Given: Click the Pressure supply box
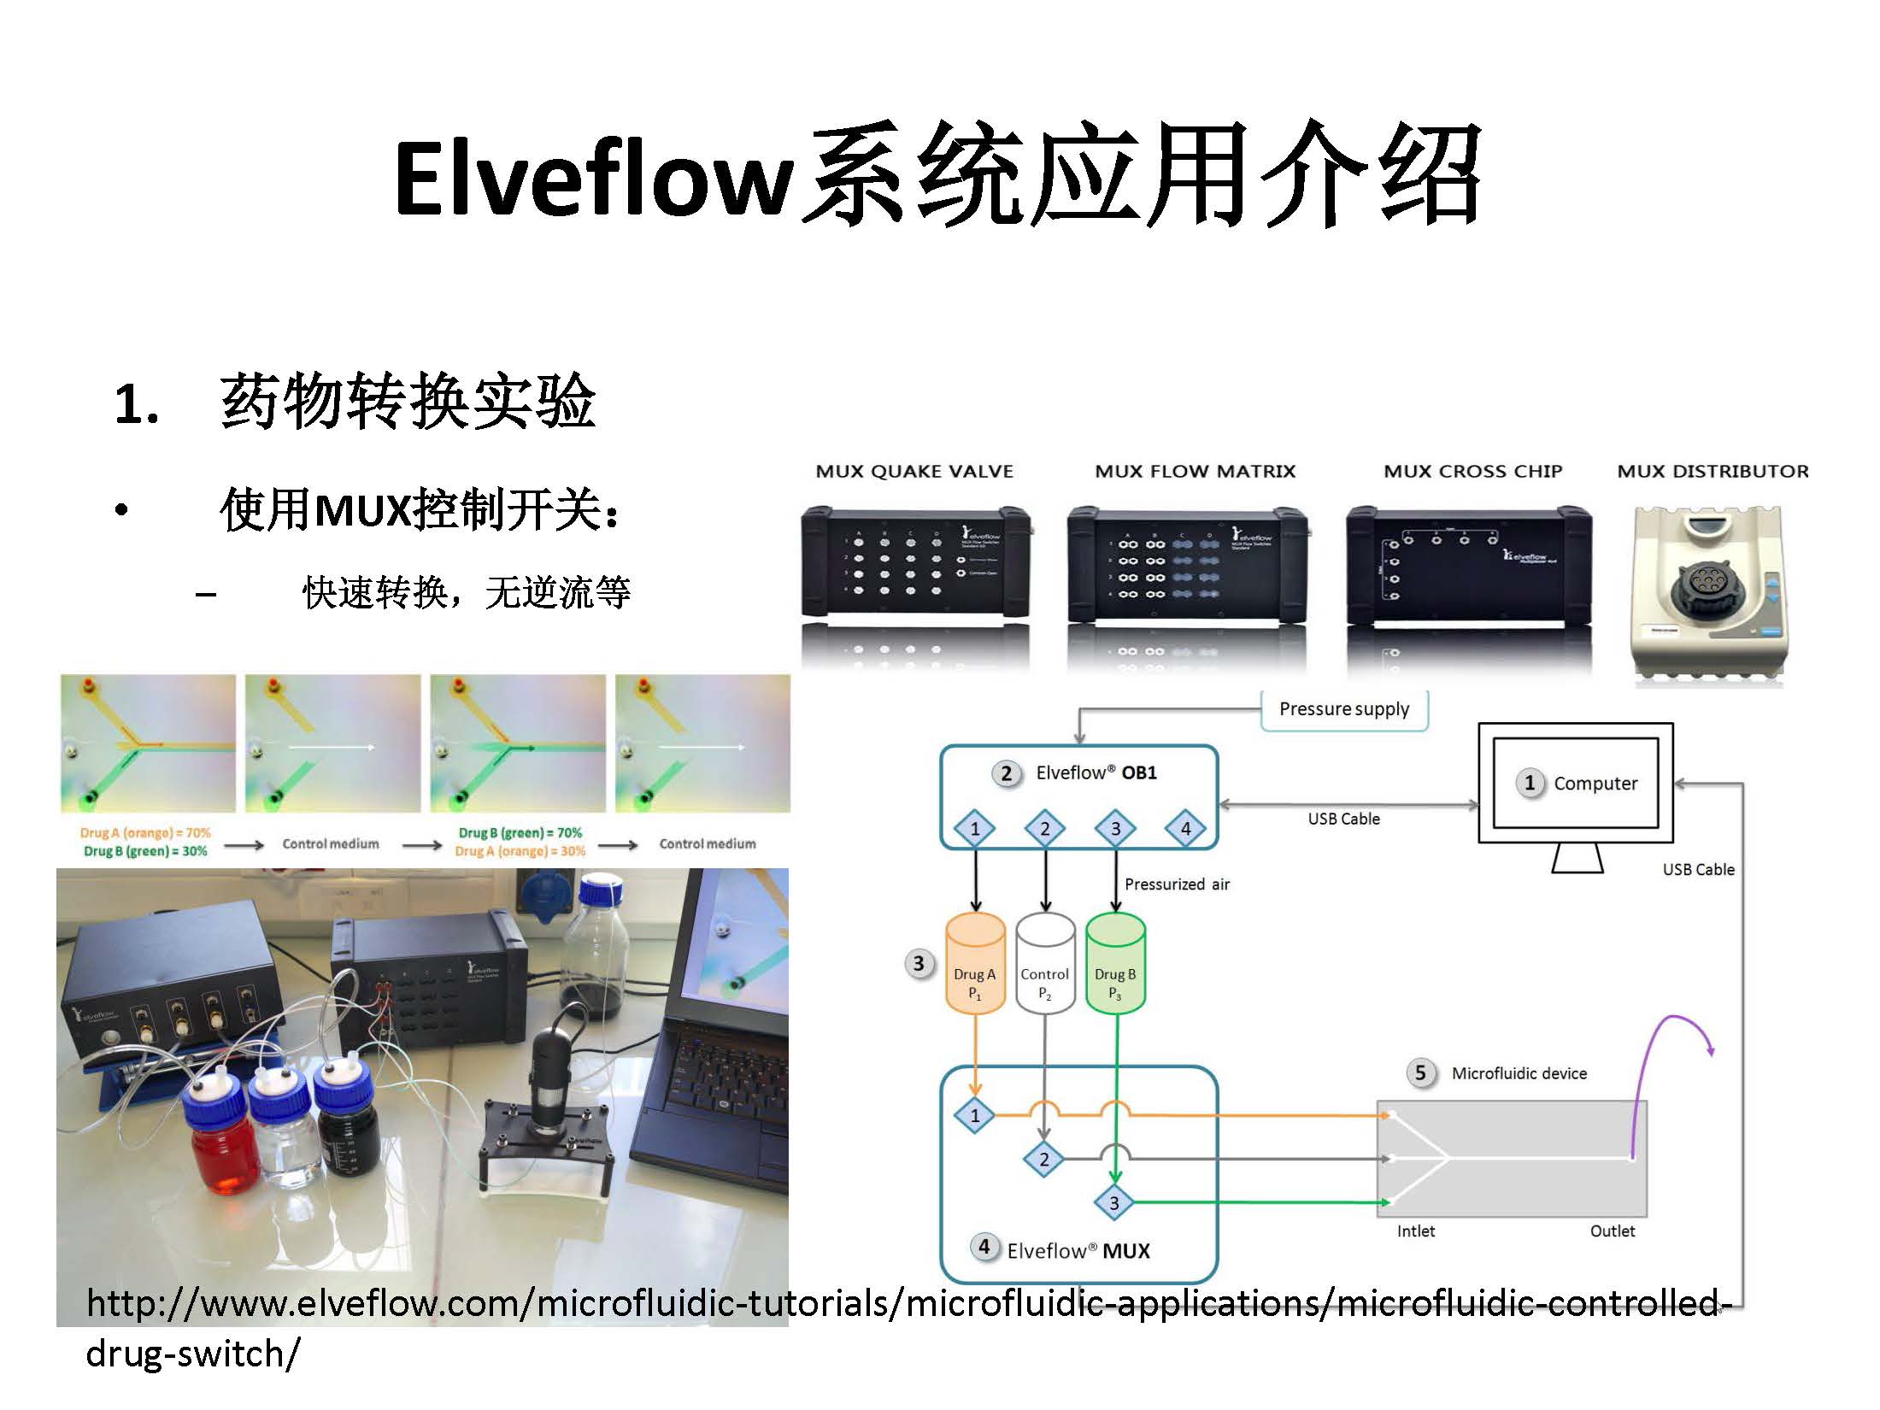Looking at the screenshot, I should (x=1343, y=709).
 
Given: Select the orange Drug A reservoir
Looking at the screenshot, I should (x=974, y=964).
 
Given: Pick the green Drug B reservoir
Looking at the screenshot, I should (x=1114, y=964).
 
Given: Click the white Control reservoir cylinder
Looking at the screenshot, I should (x=1044, y=964).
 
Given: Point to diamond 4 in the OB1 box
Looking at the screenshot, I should (x=1185, y=828).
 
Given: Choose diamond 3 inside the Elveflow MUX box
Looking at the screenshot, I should (x=1113, y=1203).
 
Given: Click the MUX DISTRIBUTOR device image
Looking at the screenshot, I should (x=1712, y=594).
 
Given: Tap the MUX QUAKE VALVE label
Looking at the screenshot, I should (x=914, y=472).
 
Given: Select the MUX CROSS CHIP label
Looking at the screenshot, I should (x=1472, y=472).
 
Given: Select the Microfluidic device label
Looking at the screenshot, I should (x=1519, y=1073).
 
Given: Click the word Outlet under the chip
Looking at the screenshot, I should (x=1612, y=1231).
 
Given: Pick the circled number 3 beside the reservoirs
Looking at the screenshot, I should (x=918, y=964).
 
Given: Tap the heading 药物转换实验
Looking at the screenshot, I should (x=407, y=402).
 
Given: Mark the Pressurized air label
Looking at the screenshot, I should (x=1177, y=884).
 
